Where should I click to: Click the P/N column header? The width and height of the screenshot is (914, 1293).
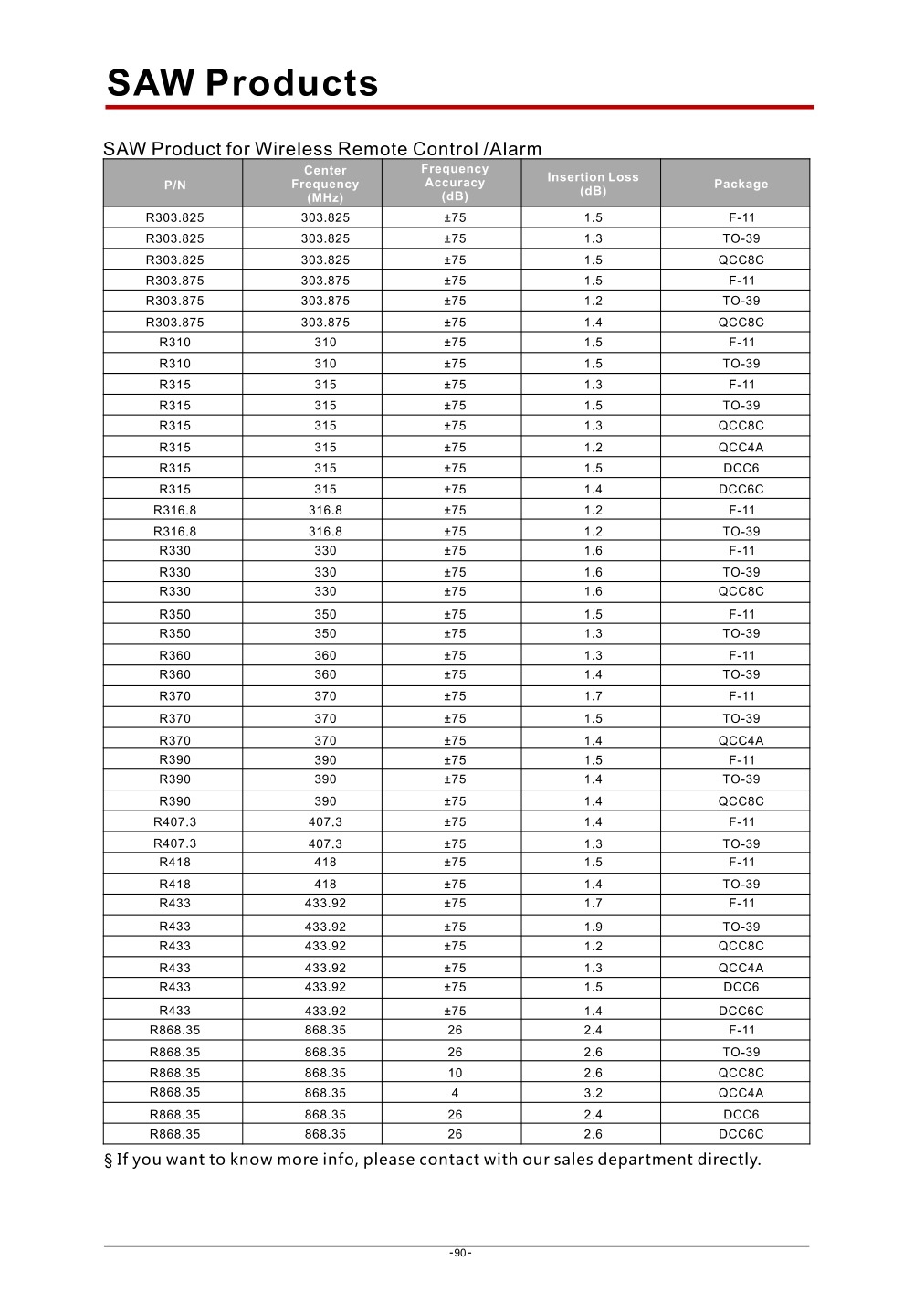click(174, 185)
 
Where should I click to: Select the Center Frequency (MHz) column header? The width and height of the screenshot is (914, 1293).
click(325, 184)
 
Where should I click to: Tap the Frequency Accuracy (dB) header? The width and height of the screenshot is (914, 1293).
click(455, 183)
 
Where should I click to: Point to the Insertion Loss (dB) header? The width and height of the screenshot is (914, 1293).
click(593, 184)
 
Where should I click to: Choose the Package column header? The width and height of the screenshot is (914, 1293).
click(741, 184)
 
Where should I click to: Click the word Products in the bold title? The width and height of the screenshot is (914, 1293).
click(292, 83)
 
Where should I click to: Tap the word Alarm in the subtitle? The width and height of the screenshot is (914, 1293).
click(516, 149)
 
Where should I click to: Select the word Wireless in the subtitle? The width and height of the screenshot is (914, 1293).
click(294, 149)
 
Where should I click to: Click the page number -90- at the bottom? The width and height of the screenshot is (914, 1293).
click(460, 1253)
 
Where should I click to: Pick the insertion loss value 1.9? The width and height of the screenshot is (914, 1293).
click(594, 927)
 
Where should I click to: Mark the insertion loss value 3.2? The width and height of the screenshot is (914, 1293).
click(594, 1093)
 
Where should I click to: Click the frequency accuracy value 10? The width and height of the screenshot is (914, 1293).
click(455, 1073)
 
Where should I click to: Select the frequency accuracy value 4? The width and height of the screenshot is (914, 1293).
click(455, 1093)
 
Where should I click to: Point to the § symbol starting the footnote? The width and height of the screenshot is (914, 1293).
click(109, 1161)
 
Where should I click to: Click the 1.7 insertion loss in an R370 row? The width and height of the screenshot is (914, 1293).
click(594, 696)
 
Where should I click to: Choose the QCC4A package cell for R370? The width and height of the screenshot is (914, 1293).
click(741, 741)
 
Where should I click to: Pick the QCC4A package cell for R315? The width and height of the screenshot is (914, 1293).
click(741, 448)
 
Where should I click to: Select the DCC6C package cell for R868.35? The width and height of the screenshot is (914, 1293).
click(741, 1134)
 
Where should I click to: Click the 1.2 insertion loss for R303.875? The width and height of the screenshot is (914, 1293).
click(594, 301)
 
